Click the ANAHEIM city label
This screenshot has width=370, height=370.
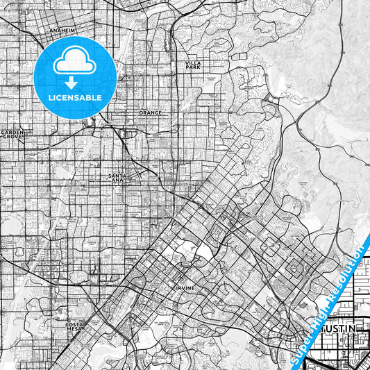pyautogui.click(x=62, y=31)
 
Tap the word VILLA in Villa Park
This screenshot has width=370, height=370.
pyautogui.click(x=192, y=63)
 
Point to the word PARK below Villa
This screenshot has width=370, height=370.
pyautogui.click(x=192, y=68)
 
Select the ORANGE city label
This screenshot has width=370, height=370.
pyautogui.click(x=150, y=112)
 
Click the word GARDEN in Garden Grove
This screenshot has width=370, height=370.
pyautogui.click(x=12, y=132)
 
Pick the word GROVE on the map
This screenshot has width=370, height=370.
pyautogui.click(x=12, y=137)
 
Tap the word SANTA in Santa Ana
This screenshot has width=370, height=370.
pyautogui.click(x=117, y=176)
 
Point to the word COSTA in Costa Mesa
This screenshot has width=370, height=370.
pyautogui.click(x=74, y=323)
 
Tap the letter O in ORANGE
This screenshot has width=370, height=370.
pyautogui.click(x=141, y=112)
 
